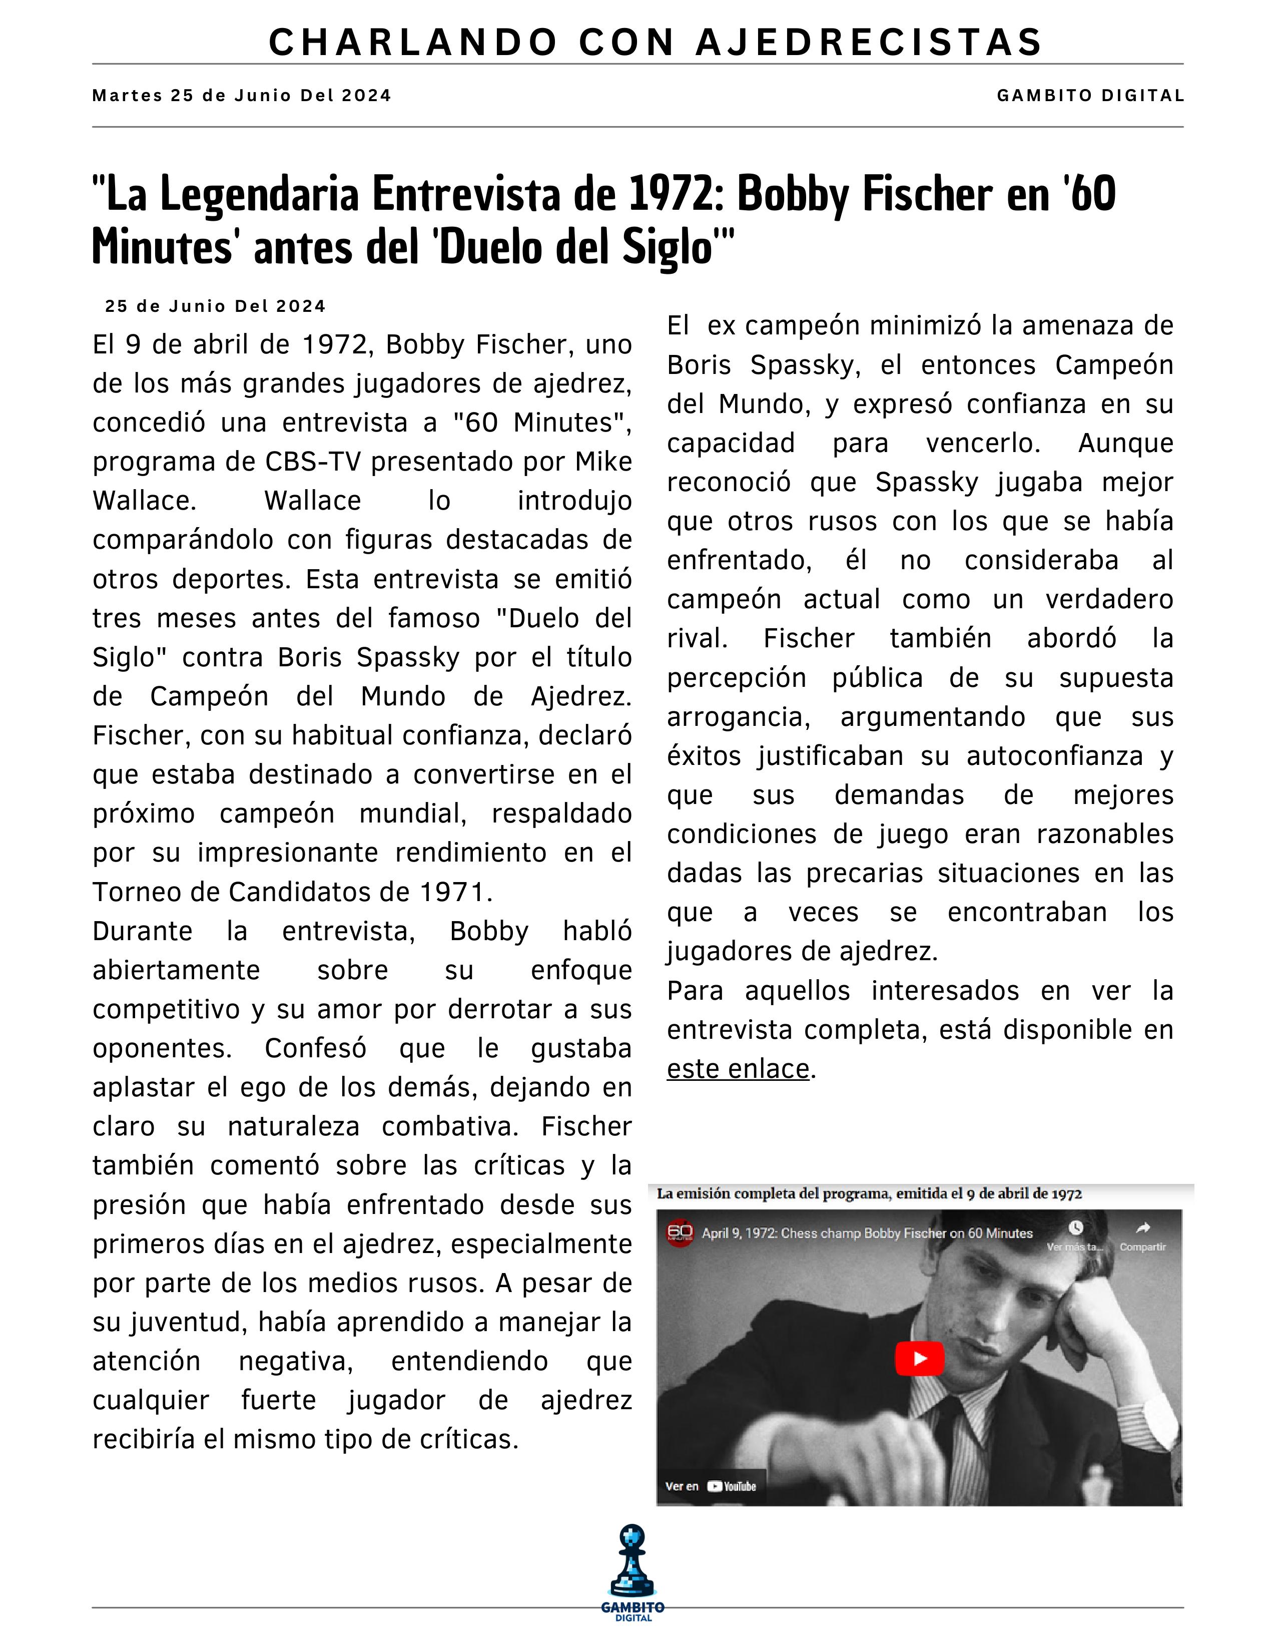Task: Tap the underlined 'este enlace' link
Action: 738,1069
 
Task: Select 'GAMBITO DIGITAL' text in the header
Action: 1089,96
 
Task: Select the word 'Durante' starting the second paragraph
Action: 142,931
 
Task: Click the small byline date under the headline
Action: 216,306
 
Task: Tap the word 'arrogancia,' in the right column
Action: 738,716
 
